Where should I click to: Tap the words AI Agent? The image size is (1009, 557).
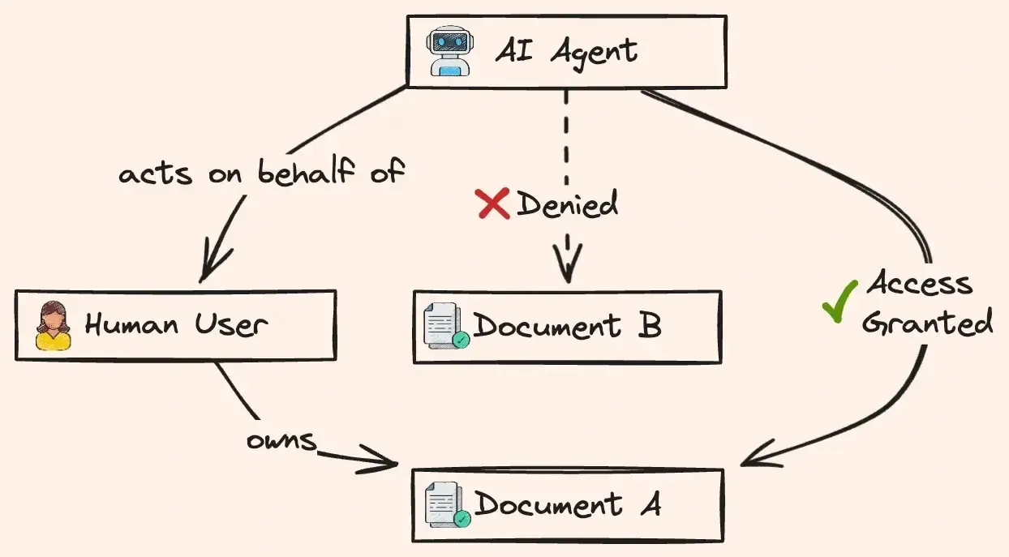click(x=566, y=52)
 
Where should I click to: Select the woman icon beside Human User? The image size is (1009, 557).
click(x=53, y=325)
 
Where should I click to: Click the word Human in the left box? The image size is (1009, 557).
click(x=131, y=325)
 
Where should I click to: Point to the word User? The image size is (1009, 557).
click(x=230, y=325)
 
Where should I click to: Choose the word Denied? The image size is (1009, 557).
click(x=566, y=203)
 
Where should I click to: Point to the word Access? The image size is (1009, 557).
click(x=919, y=284)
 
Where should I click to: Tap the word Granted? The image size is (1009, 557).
click(x=926, y=323)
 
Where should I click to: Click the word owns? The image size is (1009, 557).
click(x=281, y=440)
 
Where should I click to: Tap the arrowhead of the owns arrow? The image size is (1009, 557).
click(x=388, y=463)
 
